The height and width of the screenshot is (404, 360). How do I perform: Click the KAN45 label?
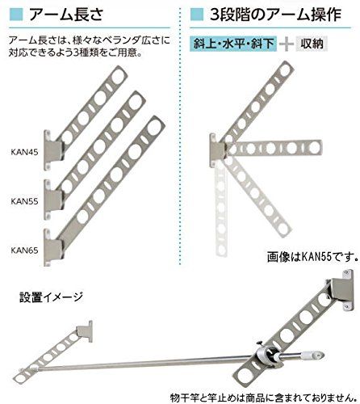(24, 152)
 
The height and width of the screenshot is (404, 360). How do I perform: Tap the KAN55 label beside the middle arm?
(24, 201)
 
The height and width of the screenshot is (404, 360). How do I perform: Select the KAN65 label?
(24, 250)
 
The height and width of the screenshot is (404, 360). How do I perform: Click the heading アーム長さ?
(66, 15)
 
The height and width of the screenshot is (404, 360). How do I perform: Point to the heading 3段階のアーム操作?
(275, 15)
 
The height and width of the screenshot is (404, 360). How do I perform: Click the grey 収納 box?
(312, 44)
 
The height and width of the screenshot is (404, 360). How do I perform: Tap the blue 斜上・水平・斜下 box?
(233, 44)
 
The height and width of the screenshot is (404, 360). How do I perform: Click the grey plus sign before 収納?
(287, 44)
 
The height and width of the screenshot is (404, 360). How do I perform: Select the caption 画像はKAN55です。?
(312, 257)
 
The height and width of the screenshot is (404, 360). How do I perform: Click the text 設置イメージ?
(51, 297)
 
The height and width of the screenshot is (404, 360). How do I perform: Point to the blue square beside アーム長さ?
(16, 15)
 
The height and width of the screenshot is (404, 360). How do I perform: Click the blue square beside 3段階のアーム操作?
(197, 15)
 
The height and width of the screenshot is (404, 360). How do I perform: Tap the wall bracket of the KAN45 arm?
(52, 150)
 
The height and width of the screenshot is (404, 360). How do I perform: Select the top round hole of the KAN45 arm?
(118, 77)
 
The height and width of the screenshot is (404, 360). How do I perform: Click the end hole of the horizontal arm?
(314, 148)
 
